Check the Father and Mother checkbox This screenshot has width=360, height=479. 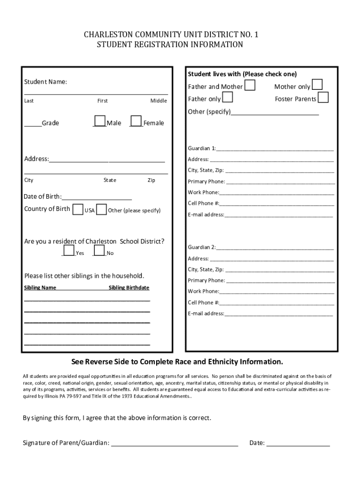(x=250, y=85)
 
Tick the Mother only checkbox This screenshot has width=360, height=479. (x=317, y=84)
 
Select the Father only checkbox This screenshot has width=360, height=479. (x=228, y=97)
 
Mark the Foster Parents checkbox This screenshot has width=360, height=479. (x=323, y=97)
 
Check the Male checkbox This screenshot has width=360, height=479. (x=100, y=121)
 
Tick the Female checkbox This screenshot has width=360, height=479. (x=136, y=121)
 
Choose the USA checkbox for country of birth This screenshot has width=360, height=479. (x=78, y=209)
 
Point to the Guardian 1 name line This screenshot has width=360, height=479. (x=275, y=149)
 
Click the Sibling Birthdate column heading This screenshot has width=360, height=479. (x=129, y=288)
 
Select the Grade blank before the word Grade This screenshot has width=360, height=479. (x=33, y=124)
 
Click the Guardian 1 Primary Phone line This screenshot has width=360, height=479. (x=280, y=182)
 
